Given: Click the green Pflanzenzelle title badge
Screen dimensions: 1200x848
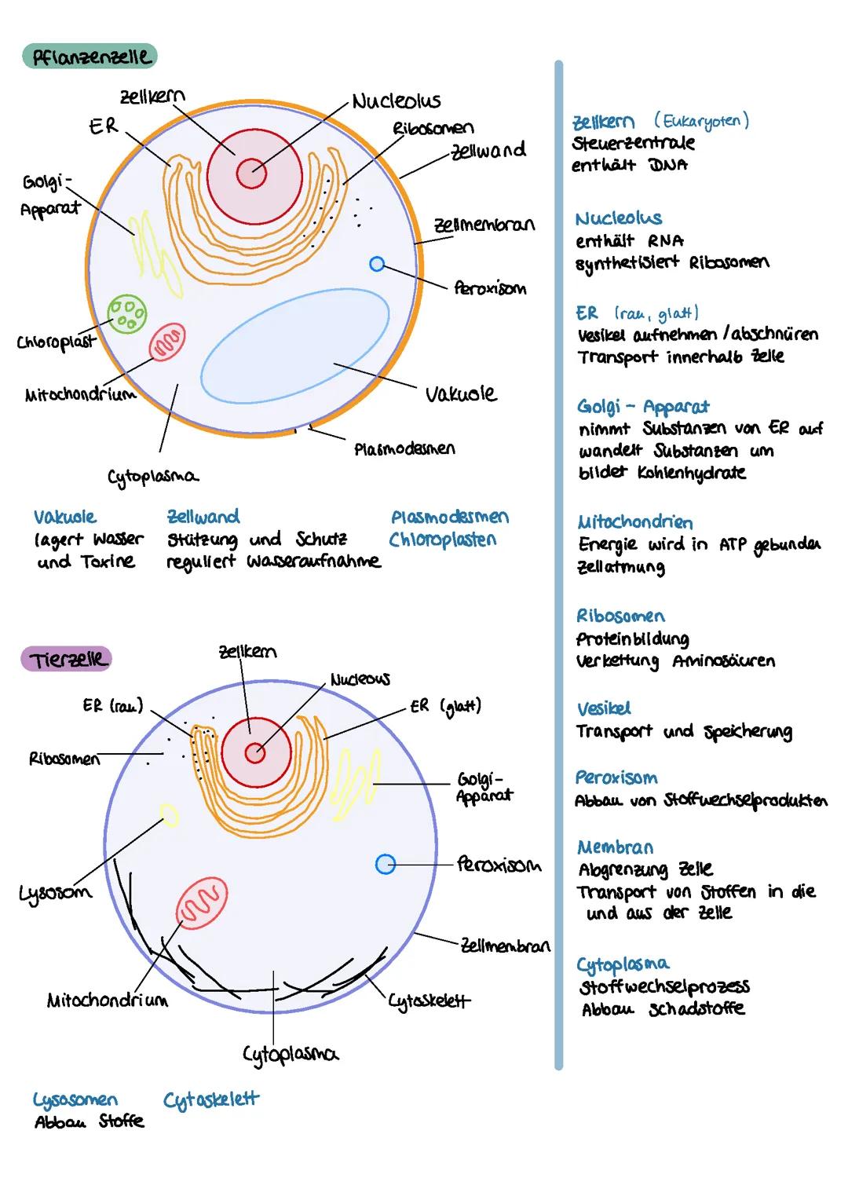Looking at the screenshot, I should click(x=90, y=57).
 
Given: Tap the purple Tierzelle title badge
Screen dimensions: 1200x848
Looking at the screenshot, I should click(x=67, y=659).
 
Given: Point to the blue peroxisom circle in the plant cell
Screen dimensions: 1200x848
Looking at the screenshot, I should click(x=377, y=265).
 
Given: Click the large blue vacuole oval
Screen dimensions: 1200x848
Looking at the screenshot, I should click(x=295, y=346).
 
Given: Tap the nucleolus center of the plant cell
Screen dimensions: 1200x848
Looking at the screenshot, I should click(x=252, y=174).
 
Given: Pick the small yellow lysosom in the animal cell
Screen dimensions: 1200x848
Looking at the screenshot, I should click(x=169, y=815).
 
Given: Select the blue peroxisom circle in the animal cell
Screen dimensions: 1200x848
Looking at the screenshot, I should click(x=385, y=864).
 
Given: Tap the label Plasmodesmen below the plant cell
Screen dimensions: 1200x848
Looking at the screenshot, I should click(x=404, y=449).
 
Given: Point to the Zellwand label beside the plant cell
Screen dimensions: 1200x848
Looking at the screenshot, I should click(x=488, y=150).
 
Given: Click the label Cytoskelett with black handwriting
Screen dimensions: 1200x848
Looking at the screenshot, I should click(x=429, y=1001).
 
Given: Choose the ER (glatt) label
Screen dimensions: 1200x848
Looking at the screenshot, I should click(x=445, y=705).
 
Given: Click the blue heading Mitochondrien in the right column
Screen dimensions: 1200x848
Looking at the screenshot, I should click(x=634, y=522).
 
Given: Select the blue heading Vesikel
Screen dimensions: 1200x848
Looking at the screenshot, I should click(x=603, y=708).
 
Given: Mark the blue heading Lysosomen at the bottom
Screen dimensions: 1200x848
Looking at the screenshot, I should click(x=75, y=1099).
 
